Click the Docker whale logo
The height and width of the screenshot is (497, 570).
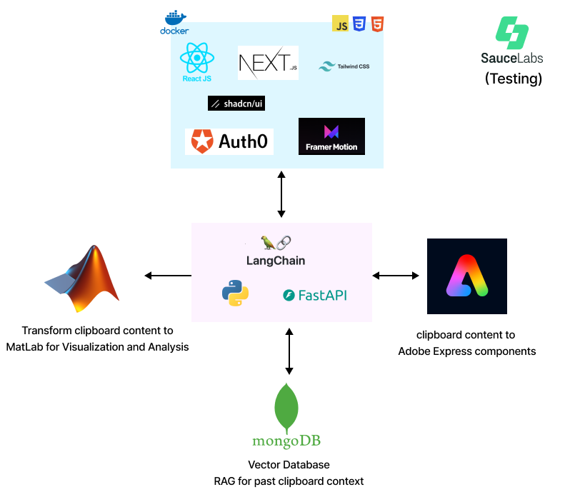point(175,19)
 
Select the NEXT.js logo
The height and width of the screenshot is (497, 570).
point(268,63)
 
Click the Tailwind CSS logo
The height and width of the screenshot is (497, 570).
point(344,66)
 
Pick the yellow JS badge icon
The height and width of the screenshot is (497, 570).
point(340,24)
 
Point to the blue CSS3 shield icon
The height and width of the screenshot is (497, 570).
point(359,24)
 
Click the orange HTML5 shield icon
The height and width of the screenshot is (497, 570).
point(377,24)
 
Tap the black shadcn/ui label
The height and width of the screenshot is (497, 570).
point(236,104)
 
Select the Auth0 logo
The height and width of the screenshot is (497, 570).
point(229,141)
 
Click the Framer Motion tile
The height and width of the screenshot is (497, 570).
point(331,136)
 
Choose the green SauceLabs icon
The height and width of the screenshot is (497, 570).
point(512,33)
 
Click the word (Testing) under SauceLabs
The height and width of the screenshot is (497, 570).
point(513,79)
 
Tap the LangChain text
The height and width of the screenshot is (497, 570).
point(275,261)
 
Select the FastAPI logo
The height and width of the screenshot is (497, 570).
point(315,294)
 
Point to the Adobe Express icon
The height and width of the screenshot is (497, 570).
point(466,276)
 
